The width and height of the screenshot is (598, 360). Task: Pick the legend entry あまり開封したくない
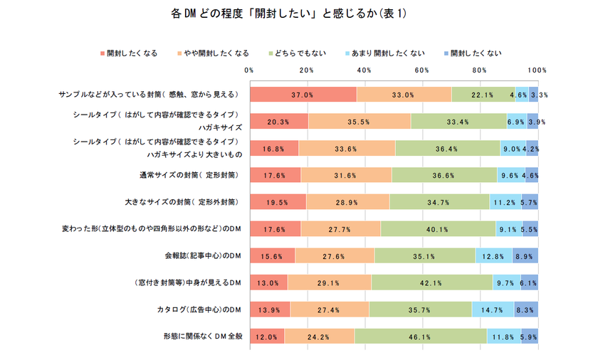389,53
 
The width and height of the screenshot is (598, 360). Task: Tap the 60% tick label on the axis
421,70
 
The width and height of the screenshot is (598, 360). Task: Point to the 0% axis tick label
249,70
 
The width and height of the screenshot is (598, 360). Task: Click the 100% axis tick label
537,70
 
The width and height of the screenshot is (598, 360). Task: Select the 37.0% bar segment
303,95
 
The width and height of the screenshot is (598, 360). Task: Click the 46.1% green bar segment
420,337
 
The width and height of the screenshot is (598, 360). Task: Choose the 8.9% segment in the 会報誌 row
525,255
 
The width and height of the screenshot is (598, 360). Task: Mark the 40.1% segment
438,229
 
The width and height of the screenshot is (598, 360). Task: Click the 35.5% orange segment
359,122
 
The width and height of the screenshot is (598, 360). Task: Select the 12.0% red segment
266,337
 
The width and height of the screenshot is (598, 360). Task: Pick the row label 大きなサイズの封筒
187,202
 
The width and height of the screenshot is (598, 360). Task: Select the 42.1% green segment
431,282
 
